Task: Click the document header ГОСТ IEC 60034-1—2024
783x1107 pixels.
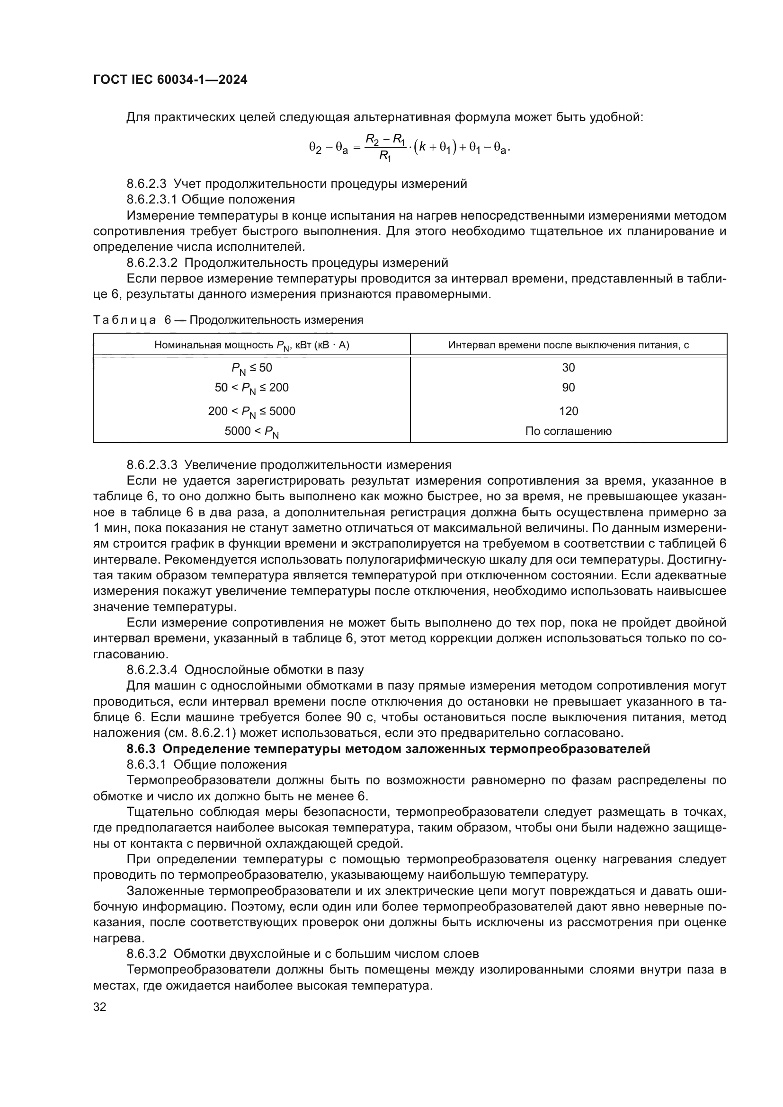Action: tap(170, 80)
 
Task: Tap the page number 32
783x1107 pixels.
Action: tap(100, 1007)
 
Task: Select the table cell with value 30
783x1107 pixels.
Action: tap(568, 368)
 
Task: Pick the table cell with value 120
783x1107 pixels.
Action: tap(568, 411)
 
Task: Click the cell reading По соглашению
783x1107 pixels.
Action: tap(568, 431)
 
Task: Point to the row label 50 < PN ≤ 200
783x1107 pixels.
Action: tap(252, 388)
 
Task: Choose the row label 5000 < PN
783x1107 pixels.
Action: tap(252, 432)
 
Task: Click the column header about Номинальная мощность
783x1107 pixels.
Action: tap(252, 345)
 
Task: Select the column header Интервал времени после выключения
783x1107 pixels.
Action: tap(568, 345)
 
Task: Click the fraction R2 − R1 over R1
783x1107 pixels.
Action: tap(385, 147)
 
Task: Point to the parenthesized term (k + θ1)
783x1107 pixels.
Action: tap(435, 148)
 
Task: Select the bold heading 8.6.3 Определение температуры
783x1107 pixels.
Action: tap(388, 749)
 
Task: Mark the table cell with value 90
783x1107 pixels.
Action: tap(568, 388)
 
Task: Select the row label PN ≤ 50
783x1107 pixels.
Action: tap(252, 368)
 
